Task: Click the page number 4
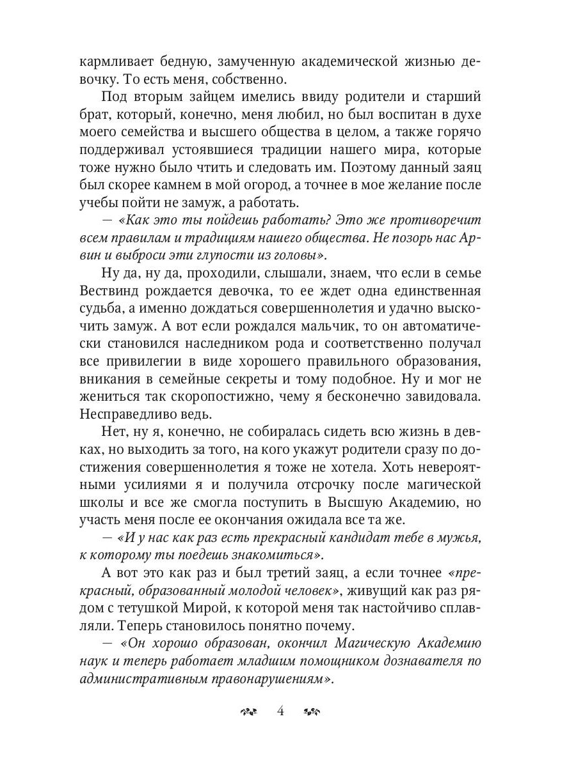click(280, 711)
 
